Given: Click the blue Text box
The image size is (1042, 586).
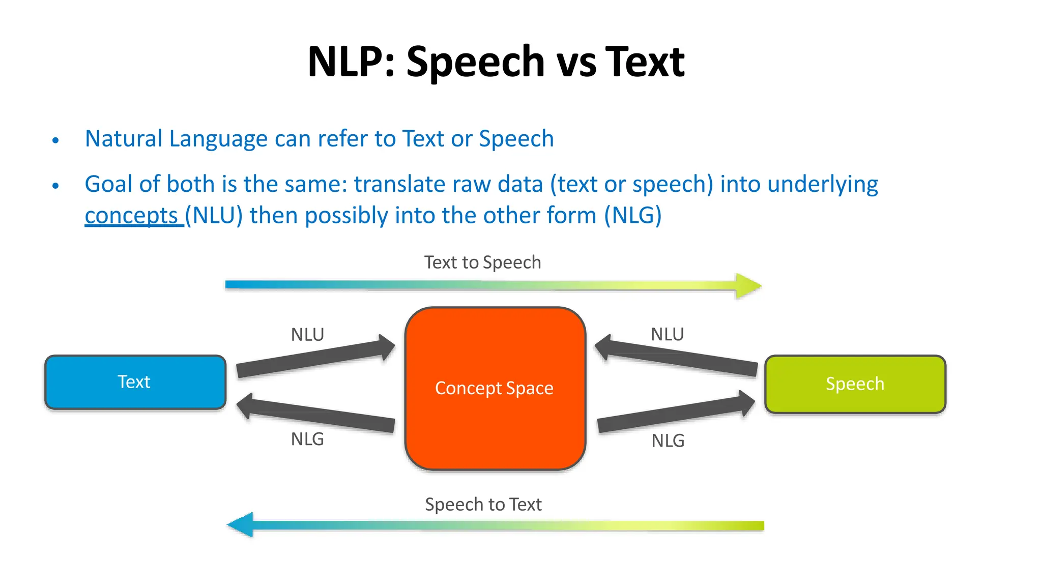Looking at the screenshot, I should coord(135,382).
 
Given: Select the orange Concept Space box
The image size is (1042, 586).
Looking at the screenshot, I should coord(495,388).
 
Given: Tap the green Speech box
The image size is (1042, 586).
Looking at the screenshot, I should coord(855,384).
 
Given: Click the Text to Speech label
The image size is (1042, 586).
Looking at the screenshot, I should coord(482,262).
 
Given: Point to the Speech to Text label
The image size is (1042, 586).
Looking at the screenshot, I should coord(483,505).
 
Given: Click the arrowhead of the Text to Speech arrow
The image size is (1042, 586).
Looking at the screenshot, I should coord(748,286).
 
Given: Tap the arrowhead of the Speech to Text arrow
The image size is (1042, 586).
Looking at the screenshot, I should coord(241,524).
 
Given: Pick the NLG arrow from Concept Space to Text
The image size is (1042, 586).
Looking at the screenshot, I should coord(315,413).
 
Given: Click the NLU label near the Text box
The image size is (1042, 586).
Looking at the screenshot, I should coord(307,335).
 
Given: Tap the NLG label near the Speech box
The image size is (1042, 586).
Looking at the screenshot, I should coord(668,441).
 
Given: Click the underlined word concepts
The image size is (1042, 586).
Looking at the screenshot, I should coord(131,216).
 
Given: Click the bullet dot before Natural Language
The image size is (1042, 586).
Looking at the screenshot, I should coord(56,140).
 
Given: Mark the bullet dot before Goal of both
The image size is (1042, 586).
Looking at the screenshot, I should coord(56,186).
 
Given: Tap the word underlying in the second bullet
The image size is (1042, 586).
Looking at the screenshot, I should coord(822,184).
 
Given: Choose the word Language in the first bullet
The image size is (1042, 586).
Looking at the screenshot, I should coord(218,139).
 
